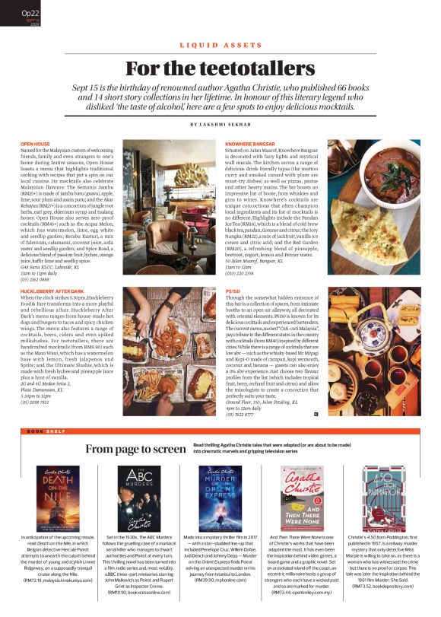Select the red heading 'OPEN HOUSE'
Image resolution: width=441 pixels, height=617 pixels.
click(35, 143)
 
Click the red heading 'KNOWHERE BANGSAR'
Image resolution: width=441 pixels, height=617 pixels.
click(250, 143)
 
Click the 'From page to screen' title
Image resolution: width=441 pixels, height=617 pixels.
click(135, 449)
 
